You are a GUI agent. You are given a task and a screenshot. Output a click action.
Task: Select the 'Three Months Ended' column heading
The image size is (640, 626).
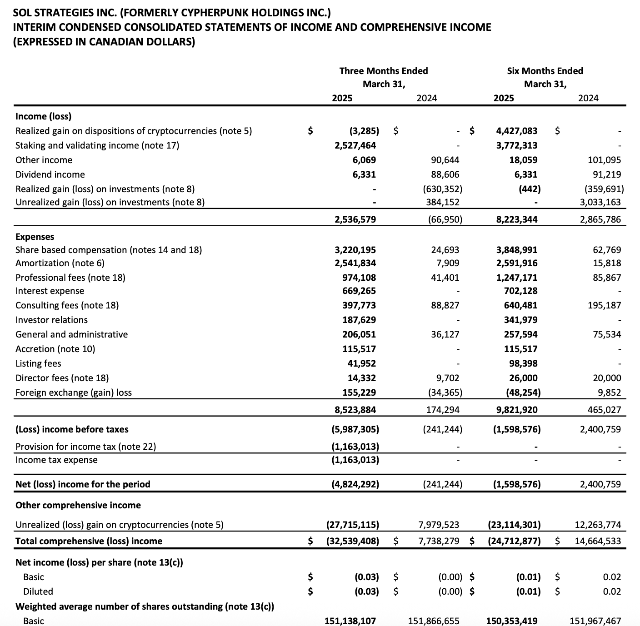tap(383, 71)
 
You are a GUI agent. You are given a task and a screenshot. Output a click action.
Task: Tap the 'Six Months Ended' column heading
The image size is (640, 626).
tap(545, 71)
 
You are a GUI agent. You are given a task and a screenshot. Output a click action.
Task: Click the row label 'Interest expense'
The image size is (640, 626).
tap(50, 291)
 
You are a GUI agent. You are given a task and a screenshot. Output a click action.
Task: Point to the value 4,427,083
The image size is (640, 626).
tap(516, 131)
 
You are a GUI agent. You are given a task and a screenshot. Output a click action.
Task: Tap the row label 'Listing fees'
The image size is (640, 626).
tap(38, 363)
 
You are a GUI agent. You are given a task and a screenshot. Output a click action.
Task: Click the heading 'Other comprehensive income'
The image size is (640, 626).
tap(78, 505)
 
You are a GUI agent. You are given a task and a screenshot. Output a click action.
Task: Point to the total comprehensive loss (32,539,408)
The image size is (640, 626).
tap(353, 541)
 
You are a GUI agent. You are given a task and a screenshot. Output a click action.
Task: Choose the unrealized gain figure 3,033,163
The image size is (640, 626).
tap(600, 202)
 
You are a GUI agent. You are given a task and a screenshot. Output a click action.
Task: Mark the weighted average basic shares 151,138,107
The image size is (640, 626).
tap(350, 621)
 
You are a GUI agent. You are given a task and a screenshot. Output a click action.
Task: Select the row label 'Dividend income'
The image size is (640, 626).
tap(50, 174)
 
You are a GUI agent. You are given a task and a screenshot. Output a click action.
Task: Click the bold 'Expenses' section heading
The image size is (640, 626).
tap(35, 237)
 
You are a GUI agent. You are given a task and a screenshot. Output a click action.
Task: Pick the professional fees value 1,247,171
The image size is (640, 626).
tap(516, 278)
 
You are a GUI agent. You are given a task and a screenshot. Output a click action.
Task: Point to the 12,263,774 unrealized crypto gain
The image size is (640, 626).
tap(598, 525)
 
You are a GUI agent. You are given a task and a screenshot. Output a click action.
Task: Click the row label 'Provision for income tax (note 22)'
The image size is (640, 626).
tap(85, 447)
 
